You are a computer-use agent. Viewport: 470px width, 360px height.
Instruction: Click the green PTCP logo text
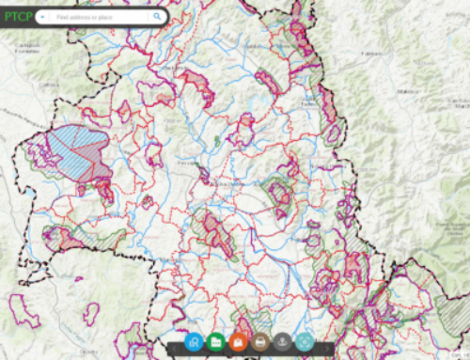click(18, 16)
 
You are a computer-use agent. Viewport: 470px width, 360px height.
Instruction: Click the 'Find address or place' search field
click(99, 17)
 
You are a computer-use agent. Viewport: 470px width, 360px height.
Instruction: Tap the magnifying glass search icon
click(156, 17)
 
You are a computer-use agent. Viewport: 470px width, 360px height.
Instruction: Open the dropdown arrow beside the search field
click(43, 17)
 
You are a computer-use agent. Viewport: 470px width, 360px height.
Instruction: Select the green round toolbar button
click(215, 343)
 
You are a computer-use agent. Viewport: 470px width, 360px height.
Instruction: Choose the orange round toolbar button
click(238, 343)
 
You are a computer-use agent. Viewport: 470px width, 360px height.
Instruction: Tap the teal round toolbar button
click(305, 343)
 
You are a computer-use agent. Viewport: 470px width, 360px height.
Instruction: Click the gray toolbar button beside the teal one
click(283, 343)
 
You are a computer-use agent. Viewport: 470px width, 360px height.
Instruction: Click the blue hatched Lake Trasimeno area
click(75, 150)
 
